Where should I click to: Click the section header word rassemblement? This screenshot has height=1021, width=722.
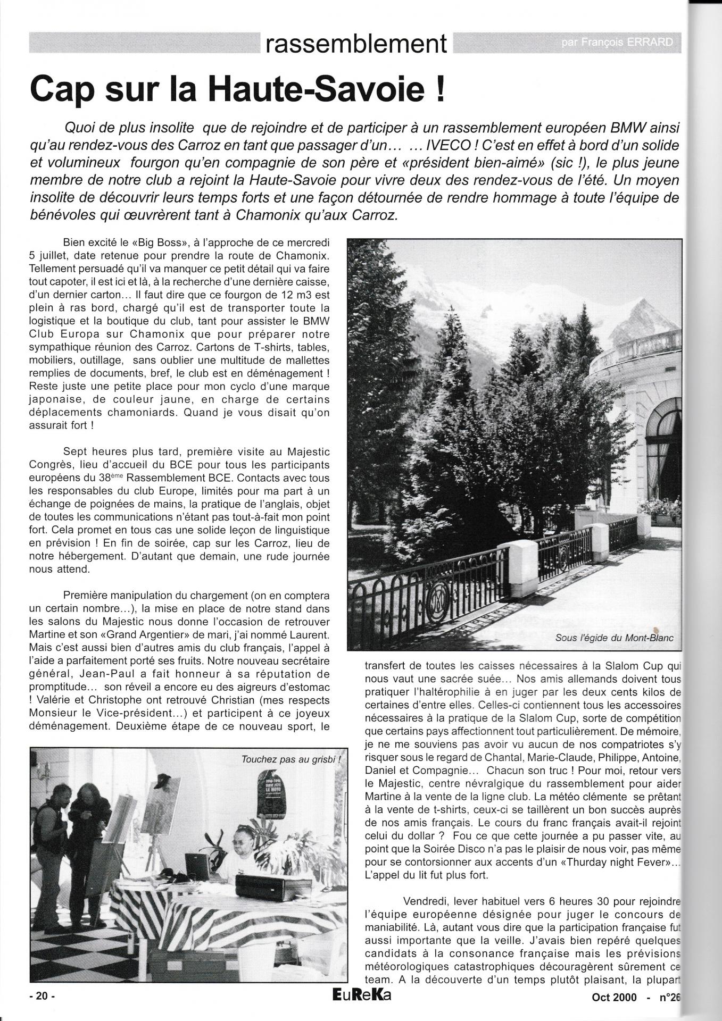(356, 44)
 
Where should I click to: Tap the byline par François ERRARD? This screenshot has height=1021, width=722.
(619, 43)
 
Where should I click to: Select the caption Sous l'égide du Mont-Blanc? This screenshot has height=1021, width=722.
(613, 638)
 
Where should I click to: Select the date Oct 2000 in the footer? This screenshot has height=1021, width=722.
(614, 998)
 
